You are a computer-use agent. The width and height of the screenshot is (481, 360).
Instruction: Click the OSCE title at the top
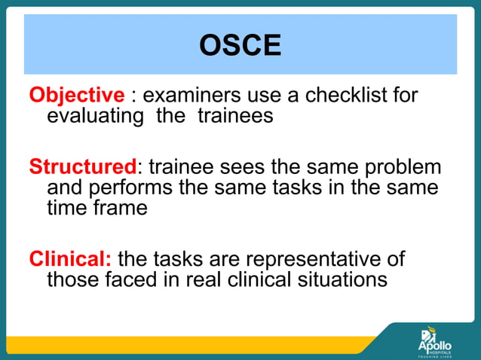pyautogui.click(x=240, y=46)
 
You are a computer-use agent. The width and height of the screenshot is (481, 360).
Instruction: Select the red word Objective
pyautogui.click(x=76, y=96)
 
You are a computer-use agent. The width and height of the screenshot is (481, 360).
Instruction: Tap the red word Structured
pyautogui.click(x=83, y=167)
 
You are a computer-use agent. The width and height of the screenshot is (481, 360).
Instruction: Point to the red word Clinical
pyautogui.click(x=70, y=259)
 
